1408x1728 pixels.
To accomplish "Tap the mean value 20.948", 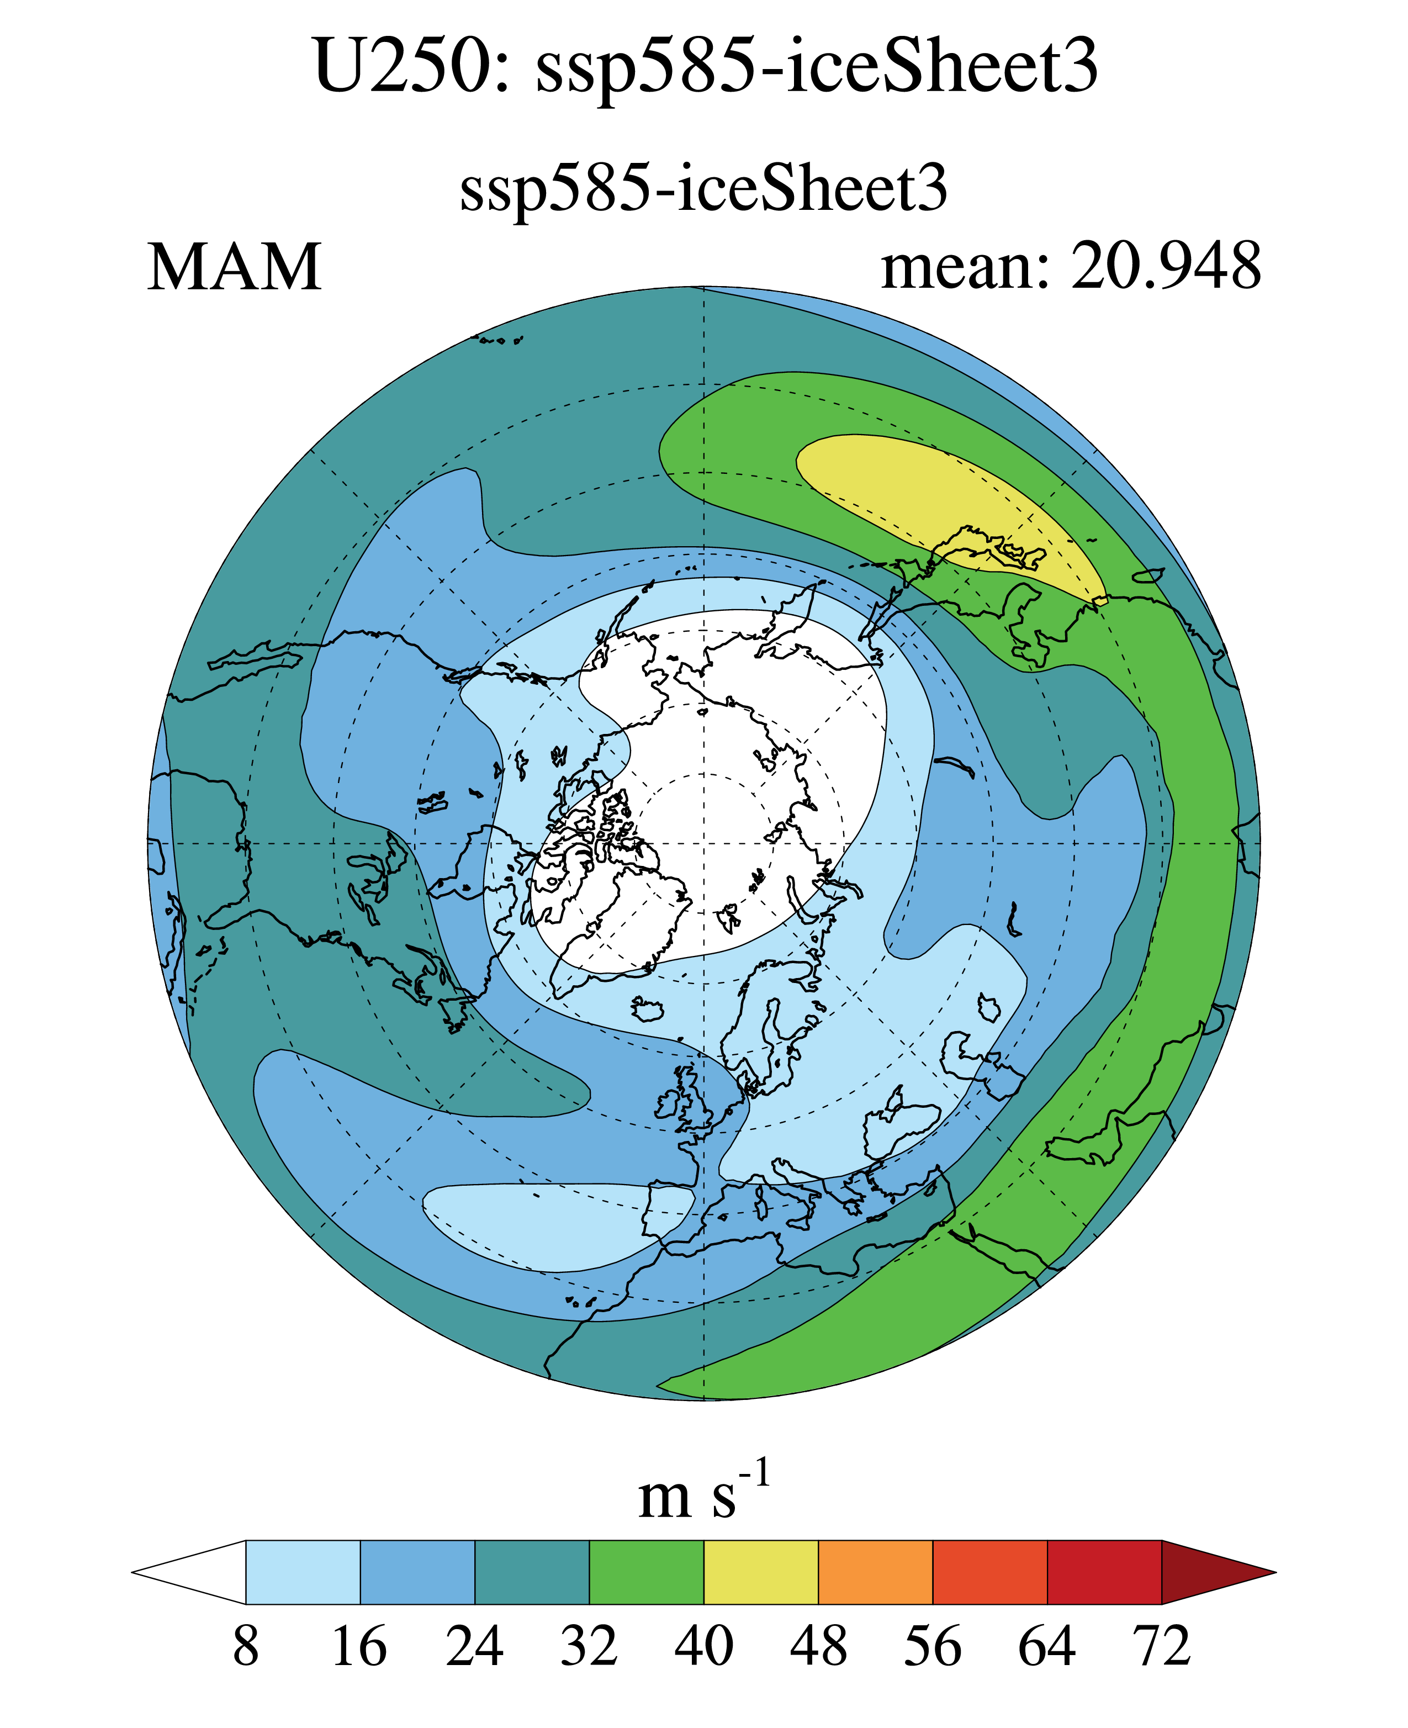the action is click(1166, 266).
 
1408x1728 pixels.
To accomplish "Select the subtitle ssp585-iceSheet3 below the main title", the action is click(703, 189).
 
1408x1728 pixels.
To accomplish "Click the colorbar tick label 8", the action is click(246, 1647).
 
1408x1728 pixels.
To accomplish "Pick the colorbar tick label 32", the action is click(589, 1647).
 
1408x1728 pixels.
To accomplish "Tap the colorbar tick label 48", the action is click(818, 1647).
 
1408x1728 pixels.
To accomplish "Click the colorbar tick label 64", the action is click(1047, 1647).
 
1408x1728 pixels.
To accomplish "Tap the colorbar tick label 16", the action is click(360, 1647).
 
